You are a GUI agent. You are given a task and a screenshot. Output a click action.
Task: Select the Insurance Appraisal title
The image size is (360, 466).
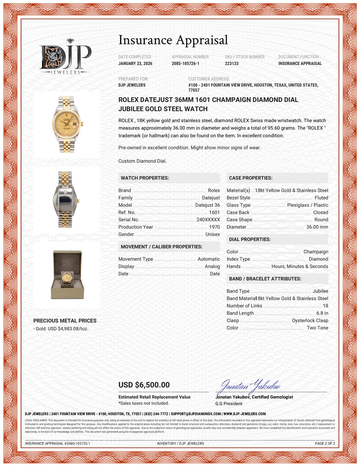pyautogui.click(x=173, y=40)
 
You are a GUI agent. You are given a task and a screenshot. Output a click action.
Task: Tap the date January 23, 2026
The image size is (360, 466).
pyautogui.click(x=135, y=63)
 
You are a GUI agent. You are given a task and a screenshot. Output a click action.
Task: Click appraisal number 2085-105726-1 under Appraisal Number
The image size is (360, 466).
pyautogui.click(x=185, y=63)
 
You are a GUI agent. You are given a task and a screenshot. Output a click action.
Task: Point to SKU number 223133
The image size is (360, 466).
pyautogui.click(x=232, y=63)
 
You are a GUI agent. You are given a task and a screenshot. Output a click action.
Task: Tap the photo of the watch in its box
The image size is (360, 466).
pyautogui.click(x=67, y=274)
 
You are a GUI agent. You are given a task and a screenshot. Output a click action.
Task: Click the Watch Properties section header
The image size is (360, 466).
pyautogui.click(x=145, y=178)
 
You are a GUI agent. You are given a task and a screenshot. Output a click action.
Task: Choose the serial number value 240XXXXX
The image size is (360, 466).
pyautogui.click(x=208, y=220)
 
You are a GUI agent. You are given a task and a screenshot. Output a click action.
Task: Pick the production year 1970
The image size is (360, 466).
pyautogui.click(x=214, y=227)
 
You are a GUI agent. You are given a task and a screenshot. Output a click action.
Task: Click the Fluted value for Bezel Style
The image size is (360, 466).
pyautogui.click(x=321, y=198)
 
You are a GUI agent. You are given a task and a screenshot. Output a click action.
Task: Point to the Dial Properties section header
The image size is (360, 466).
pyautogui.click(x=250, y=239)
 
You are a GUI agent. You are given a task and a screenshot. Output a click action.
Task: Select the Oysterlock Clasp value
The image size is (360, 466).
pyautogui.click(x=310, y=321)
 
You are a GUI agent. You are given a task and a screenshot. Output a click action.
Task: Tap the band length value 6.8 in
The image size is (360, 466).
pyautogui.click(x=322, y=313)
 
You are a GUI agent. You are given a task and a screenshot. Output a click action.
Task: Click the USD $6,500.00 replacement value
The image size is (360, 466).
pyautogui.click(x=144, y=385)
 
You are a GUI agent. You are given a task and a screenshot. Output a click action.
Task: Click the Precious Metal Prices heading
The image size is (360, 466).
pyautogui.click(x=65, y=321)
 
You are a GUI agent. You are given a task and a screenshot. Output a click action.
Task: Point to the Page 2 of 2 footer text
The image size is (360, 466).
pyautogui.click(x=325, y=443)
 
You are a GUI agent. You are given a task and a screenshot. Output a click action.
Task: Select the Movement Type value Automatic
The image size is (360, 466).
pyautogui.click(x=208, y=259)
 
